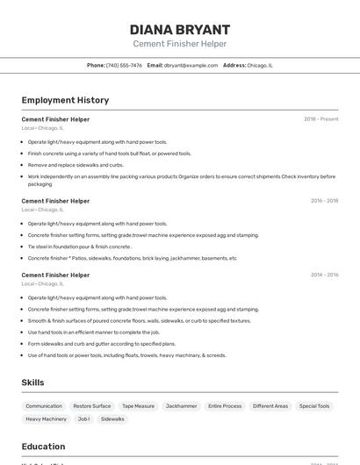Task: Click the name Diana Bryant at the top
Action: (179, 29)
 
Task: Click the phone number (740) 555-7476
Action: (124, 65)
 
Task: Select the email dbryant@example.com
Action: (191, 65)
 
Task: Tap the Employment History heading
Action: (65, 100)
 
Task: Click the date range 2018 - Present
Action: (320, 119)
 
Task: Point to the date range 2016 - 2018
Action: (324, 201)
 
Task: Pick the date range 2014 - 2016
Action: (324, 275)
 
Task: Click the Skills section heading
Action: (32, 383)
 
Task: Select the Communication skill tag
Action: (44, 406)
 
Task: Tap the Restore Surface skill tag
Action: (92, 406)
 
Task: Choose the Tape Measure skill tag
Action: (138, 406)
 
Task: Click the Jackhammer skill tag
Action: (182, 406)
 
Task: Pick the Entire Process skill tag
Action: (225, 406)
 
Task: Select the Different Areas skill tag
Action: (270, 406)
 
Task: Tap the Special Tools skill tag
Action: (314, 406)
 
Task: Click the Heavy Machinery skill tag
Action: (46, 419)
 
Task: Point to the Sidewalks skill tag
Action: (112, 419)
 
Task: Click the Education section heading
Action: (43, 447)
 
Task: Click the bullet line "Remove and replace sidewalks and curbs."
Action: (76, 165)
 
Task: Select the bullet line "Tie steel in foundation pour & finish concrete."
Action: (80, 247)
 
